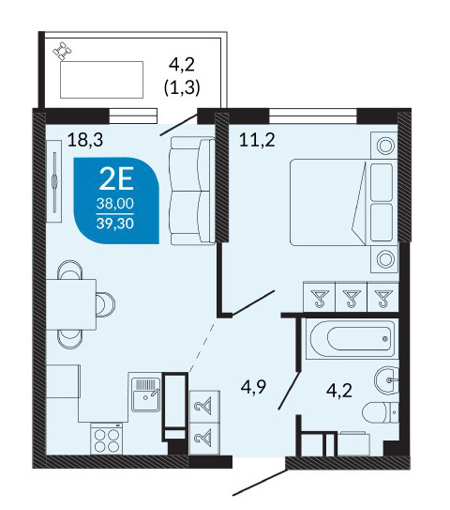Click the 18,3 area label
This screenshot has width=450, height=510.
[x=85, y=140]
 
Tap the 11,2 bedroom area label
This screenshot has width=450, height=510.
[x=257, y=140]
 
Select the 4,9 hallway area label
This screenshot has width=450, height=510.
[x=253, y=387]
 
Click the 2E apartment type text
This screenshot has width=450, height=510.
[x=116, y=180]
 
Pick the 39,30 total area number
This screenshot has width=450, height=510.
[x=115, y=224]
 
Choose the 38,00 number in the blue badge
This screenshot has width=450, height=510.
[x=115, y=204]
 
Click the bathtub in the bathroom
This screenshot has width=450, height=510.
[x=352, y=339]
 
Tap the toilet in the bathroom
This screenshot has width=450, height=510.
[x=380, y=412]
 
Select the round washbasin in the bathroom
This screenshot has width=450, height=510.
[x=386, y=379]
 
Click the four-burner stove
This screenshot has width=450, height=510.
[x=106, y=439]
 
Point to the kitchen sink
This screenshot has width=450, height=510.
[x=145, y=394]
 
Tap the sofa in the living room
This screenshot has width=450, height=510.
[x=192, y=191]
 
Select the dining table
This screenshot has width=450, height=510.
[x=71, y=304]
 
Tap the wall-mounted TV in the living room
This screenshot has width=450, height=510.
[x=54, y=181]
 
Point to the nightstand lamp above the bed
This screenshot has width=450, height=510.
[x=385, y=146]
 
